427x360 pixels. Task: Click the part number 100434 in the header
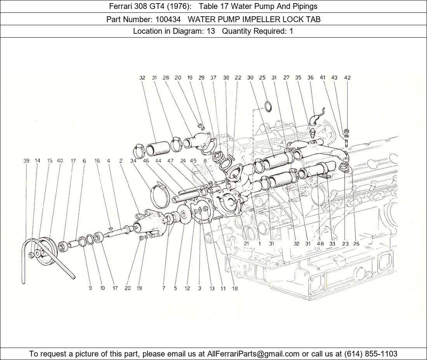(x=168, y=19)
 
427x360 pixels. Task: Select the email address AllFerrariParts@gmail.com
(x=253, y=354)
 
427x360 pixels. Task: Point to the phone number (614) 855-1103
(x=371, y=354)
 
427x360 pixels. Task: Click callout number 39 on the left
(x=26, y=161)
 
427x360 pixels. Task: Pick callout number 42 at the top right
(x=347, y=78)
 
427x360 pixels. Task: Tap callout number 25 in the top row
(x=262, y=78)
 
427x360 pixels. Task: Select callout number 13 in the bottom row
(x=212, y=289)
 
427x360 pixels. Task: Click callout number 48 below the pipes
(x=320, y=244)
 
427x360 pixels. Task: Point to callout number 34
(x=133, y=161)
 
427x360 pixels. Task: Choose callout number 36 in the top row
(x=311, y=78)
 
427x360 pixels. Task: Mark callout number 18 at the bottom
(x=235, y=289)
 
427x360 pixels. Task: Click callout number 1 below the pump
(x=260, y=244)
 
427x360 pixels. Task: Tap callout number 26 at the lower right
(x=356, y=244)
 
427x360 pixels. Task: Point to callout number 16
(x=97, y=161)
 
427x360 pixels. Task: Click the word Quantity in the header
(x=236, y=31)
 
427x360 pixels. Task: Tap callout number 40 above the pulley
(x=60, y=161)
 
